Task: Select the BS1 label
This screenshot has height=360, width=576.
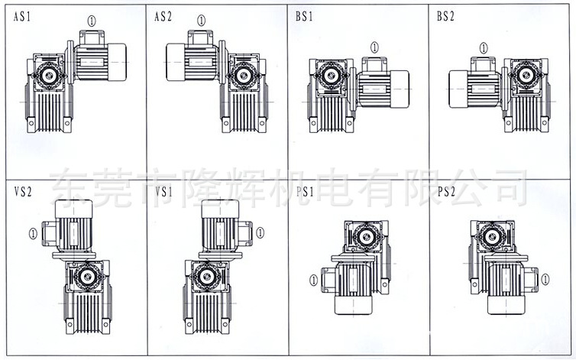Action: [x=304, y=17]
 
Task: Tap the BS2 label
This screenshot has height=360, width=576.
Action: [x=445, y=17]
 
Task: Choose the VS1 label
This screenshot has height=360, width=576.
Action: [x=163, y=192]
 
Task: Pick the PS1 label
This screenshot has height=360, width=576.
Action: [x=304, y=192]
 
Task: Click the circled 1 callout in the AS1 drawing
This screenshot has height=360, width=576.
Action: [x=92, y=21]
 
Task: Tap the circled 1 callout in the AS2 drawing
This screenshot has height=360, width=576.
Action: [x=201, y=21]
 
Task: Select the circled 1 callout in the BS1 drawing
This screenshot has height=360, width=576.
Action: [x=374, y=47]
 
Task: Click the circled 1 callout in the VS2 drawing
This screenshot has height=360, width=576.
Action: [x=32, y=232]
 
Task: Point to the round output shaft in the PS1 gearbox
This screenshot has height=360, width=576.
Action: [x=365, y=236]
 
